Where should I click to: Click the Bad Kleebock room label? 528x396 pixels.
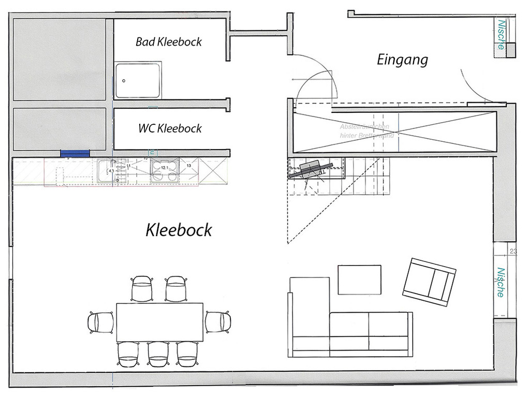click(169, 41)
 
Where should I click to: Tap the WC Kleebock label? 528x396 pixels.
click(170, 128)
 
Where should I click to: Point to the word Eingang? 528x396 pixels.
click(402, 60)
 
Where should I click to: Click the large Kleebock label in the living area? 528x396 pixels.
click(179, 229)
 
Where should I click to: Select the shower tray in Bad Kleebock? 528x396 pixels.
click(138, 81)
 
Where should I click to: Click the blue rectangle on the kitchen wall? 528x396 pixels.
click(75, 153)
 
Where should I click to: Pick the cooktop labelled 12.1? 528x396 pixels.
click(165, 170)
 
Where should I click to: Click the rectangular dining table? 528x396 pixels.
click(159, 321)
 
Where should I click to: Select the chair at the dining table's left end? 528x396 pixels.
click(101, 322)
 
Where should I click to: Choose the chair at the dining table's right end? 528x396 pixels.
click(217, 321)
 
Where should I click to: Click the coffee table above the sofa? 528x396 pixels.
click(359, 280)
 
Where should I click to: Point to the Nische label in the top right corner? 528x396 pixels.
click(501, 34)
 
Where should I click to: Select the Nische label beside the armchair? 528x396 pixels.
click(501, 282)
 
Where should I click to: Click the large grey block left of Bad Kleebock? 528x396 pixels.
click(59, 60)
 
